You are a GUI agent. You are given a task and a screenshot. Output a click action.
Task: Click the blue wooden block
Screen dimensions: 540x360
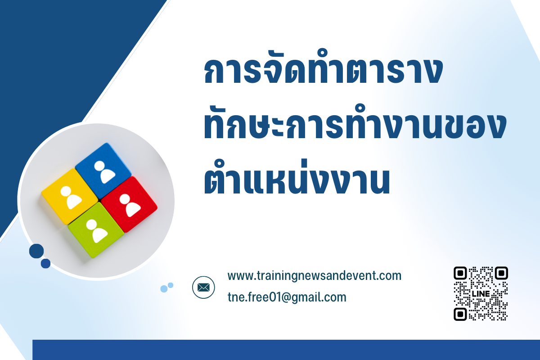point(103,171)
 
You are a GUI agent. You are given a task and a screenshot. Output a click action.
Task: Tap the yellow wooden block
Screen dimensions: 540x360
point(70,197)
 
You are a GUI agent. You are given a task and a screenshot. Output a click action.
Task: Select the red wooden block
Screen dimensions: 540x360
point(129,204)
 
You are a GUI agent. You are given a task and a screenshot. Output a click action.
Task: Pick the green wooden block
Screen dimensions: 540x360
point(96,230)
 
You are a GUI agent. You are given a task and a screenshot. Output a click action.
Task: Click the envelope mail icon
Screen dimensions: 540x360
point(203,288)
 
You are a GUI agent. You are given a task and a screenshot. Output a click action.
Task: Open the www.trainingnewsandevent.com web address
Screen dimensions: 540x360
point(315,276)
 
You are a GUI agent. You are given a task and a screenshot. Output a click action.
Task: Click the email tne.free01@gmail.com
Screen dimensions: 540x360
point(287,297)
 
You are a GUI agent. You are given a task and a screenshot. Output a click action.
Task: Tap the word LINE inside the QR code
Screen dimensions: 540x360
point(481,294)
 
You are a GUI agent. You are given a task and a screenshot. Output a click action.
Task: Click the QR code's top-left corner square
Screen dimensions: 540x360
point(460,273)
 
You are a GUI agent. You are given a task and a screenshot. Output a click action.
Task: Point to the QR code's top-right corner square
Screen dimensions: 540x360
point(501,273)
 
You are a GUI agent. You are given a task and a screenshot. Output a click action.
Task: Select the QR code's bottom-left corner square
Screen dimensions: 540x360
point(460,314)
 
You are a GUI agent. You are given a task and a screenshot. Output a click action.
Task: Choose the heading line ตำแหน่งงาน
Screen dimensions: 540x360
point(297,177)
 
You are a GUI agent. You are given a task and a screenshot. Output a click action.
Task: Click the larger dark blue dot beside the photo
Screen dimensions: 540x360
point(36,251)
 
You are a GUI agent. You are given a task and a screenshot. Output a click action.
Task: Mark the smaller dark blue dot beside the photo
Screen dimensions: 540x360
point(45,264)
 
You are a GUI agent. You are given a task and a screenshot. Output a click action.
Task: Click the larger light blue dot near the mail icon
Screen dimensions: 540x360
point(164,289)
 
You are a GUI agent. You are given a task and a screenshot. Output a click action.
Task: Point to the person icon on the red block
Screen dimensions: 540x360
point(130,205)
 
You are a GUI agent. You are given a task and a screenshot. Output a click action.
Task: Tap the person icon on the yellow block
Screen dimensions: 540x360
point(71,198)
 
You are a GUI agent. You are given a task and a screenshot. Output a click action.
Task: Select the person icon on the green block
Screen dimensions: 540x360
point(97,231)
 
